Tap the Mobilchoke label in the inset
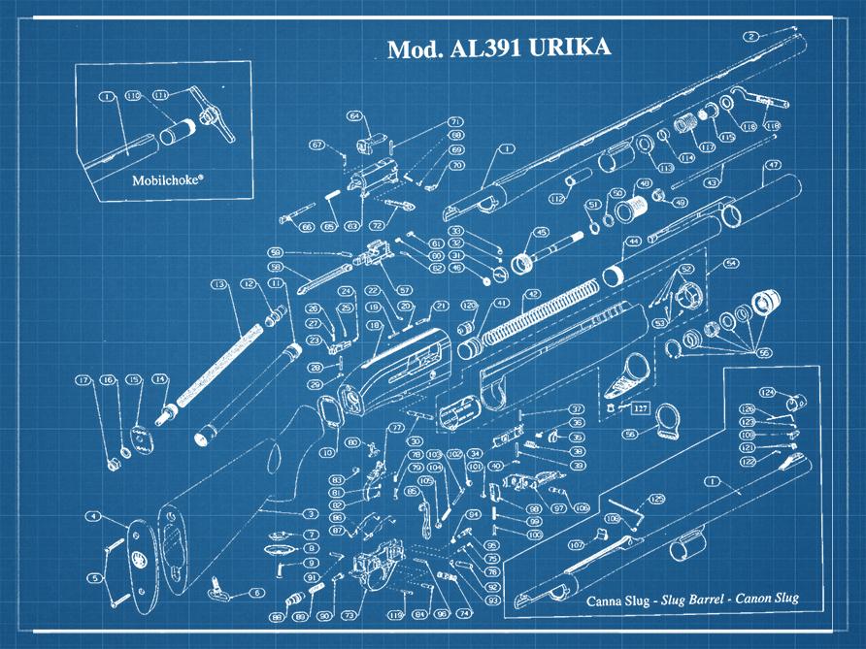(165, 179)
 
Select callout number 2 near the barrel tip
(751, 36)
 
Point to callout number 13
(218, 284)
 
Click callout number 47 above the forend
(773, 166)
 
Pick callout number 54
(730, 263)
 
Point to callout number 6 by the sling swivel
(256, 592)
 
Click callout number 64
(354, 115)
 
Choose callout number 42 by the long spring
(532, 293)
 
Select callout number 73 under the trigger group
(348, 615)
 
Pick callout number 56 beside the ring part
(630, 435)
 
